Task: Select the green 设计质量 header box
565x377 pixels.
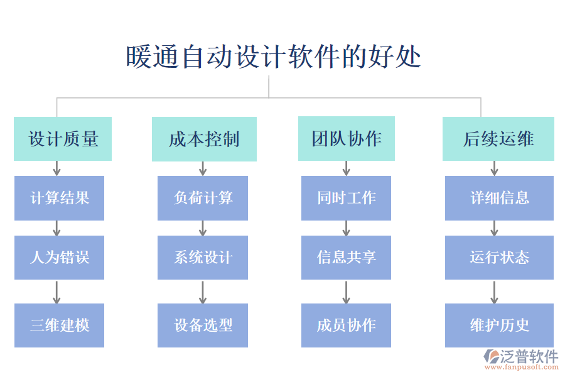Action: tap(63, 139)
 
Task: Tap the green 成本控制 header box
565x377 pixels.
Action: tap(204, 139)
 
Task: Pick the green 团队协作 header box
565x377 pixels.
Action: tap(346, 138)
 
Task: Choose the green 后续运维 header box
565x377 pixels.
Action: tap(498, 139)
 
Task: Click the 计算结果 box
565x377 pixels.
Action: tap(60, 198)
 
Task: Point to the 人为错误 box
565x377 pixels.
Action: tap(60, 258)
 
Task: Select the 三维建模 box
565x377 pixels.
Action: tap(60, 325)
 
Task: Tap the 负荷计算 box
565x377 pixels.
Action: tap(203, 198)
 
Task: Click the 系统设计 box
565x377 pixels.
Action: tap(203, 258)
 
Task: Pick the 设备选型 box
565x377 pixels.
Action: tap(203, 325)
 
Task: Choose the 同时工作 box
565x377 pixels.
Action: tap(346, 198)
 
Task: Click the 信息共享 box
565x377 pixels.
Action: tap(346, 258)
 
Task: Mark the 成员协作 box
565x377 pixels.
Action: tap(346, 325)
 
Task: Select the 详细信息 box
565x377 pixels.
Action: tap(499, 198)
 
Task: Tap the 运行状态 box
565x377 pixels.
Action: tap(499, 258)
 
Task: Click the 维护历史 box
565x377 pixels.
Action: tap(499, 325)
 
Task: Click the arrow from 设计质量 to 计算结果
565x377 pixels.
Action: tap(56, 168)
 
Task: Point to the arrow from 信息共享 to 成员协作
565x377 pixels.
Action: tap(346, 292)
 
